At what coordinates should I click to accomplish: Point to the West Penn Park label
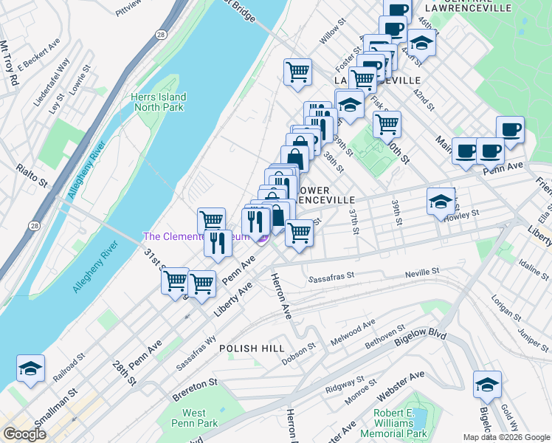tap(194, 418)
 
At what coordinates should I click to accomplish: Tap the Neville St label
tap(424, 274)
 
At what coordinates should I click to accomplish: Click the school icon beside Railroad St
tap(31, 368)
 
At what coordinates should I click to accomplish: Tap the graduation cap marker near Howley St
tap(441, 201)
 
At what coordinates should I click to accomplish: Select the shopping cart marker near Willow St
tap(297, 72)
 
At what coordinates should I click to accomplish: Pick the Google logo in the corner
tap(24, 434)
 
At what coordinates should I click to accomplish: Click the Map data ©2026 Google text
tap(506, 437)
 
